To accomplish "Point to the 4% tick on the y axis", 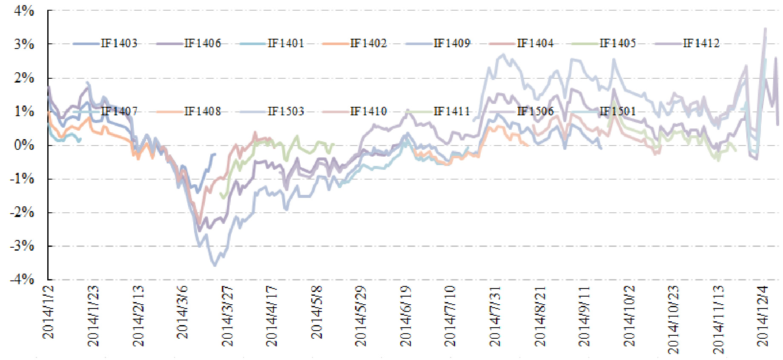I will point(24,11).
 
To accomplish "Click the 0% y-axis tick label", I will point(24,145).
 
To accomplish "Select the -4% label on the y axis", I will point(22,280).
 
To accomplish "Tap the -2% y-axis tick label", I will point(22,212).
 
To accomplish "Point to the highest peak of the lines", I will point(765,29).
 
